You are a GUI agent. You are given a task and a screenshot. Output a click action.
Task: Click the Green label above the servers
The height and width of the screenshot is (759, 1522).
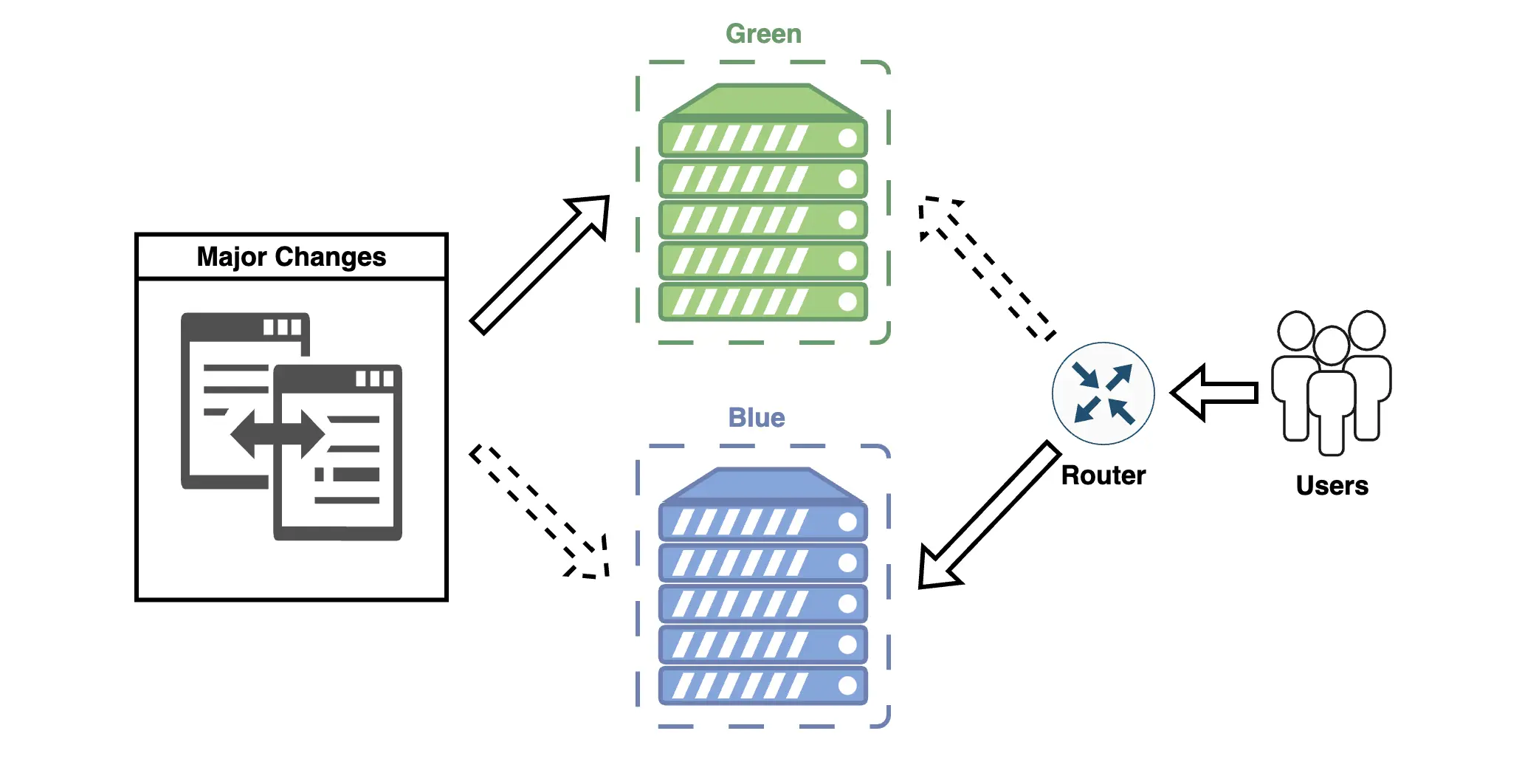pos(763,34)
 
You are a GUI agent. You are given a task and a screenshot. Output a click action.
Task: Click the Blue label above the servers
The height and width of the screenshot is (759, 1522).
pos(757,418)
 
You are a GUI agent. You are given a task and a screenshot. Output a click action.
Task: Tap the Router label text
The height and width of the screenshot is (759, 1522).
pos(1103,475)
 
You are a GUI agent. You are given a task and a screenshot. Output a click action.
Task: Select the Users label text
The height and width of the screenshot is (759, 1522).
pos(1332,486)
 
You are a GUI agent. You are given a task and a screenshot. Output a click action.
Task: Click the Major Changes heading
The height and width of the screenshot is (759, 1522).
pos(292,257)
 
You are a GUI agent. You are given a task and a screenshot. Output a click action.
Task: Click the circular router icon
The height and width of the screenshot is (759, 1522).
pos(1103,394)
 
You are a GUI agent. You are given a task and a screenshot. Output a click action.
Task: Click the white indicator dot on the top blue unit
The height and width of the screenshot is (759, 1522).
pos(847,522)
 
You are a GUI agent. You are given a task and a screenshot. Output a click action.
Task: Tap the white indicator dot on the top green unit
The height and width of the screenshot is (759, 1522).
pos(847,138)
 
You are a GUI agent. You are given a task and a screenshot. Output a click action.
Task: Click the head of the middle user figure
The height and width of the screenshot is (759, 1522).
pos(1332,346)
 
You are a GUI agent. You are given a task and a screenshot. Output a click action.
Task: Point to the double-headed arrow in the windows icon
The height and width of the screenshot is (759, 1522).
pos(278,434)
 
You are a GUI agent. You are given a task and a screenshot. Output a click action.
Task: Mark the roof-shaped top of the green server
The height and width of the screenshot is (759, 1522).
pos(763,100)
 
